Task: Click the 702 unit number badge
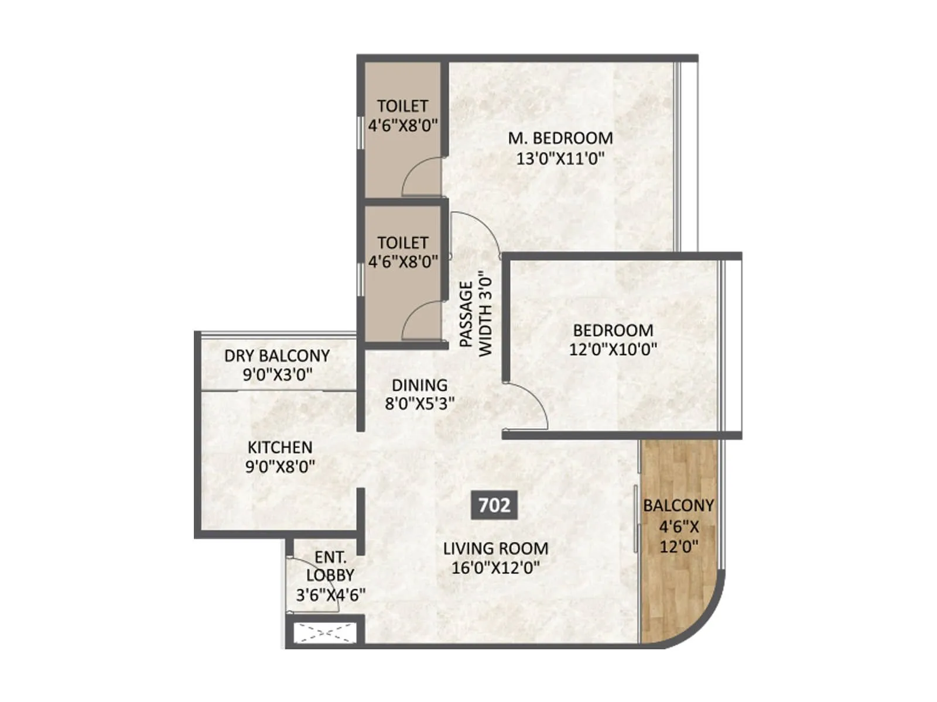coord(494,505)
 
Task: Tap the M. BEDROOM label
coord(560,138)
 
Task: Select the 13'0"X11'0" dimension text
coord(560,158)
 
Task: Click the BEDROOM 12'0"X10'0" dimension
coord(613,349)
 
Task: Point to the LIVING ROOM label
coord(495,549)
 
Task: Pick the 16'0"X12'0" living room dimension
coord(495,567)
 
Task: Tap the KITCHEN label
coord(280,448)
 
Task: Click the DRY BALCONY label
coord(277,356)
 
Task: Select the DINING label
coord(419,385)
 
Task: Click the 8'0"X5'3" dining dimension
coord(419,404)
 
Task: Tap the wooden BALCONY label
coord(679,505)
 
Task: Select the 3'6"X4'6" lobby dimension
coord(330,595)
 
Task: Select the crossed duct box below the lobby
coord(324,633)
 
